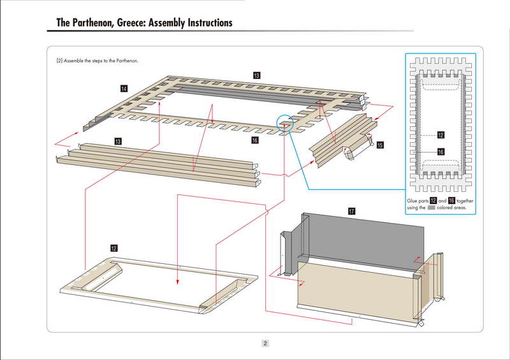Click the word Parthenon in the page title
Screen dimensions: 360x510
[94, 23]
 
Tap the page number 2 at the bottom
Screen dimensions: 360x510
[265, 343]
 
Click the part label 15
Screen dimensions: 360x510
[380, 145]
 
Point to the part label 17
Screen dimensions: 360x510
[351, 211]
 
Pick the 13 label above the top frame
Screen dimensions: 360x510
[256, 76]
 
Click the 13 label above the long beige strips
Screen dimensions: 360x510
[118, 140]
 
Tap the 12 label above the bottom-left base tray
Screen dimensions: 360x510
[113, 247]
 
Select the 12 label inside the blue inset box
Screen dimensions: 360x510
[441, 134]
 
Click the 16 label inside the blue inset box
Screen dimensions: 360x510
[441, 152]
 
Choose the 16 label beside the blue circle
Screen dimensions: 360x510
[254, 140]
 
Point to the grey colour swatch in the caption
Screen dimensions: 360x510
[432, 208]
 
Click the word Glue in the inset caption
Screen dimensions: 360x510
[414, 201]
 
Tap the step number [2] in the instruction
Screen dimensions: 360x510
[59, 61]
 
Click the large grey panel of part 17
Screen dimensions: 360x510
[363, 239]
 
